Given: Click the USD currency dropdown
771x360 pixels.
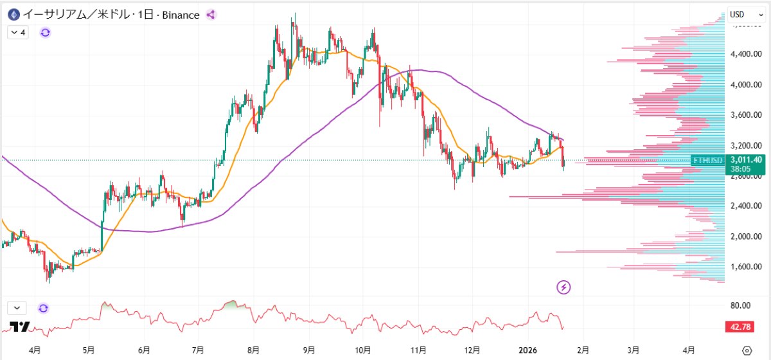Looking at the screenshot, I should pos(741,14).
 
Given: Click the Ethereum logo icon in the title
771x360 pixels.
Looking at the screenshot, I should pos(12,14).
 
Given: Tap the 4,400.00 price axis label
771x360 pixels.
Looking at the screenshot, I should pos(745,54).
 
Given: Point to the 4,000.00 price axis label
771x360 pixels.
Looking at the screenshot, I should pos(745,84).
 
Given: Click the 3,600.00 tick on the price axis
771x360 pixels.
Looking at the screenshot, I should pos(745,115).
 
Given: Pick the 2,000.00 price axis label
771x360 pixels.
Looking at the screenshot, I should pos(745,237).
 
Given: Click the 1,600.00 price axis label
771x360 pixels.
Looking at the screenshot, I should pos(745,267).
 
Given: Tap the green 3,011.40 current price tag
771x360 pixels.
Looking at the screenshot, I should pos(745,159).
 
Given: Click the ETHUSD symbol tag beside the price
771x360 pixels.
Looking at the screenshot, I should pos(707,159).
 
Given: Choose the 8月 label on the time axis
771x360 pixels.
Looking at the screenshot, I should pos(254,350).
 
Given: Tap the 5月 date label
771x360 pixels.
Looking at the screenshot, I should pos(89,350).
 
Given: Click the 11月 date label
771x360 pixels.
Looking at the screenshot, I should pos(418,350).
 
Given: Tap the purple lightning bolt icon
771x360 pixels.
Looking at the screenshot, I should pos(563,287).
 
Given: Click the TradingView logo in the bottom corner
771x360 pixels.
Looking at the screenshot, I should pos(20,327).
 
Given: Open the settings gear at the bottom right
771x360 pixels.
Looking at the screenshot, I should pos(746,350).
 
